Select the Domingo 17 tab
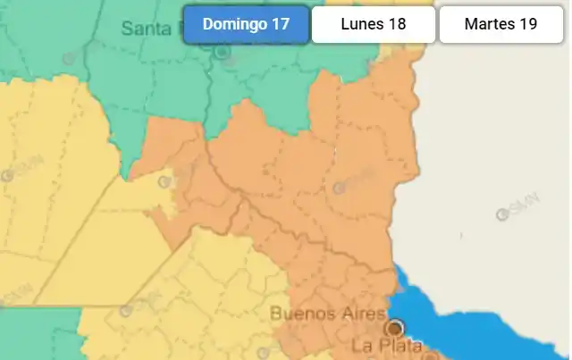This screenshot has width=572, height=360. coord(246,24)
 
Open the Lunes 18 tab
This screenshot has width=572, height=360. coord(374,24)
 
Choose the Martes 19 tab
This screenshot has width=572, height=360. coord(500,24)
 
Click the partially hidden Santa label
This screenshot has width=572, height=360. coord(146,29)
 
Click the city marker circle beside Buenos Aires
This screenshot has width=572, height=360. coord(395,327)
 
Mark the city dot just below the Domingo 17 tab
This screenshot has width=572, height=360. coord(222,53)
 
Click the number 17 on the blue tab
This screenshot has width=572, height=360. coord(280,24)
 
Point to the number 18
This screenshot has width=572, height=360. coord(397,24)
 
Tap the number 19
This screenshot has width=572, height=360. coord(527,24)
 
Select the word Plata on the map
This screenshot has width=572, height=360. coord(393,344)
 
